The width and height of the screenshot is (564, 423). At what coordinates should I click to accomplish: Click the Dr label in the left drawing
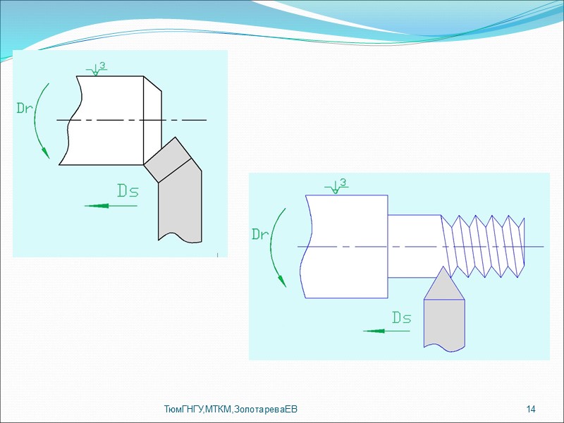tap(25, 108)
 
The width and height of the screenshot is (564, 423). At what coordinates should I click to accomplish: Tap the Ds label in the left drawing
tap(128, 190)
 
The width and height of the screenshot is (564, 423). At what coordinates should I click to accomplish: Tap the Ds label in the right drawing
tap(401, 318)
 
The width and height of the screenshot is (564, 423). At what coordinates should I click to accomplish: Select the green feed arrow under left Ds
tap(110, 206)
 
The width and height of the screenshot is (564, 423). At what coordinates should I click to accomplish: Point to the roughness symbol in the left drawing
tap(97, 68)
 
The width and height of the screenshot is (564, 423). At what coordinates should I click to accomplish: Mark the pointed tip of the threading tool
tap(443, 269)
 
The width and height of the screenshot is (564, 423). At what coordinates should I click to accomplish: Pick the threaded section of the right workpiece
tap(484, 245)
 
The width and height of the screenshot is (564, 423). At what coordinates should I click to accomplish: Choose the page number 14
tap(531, 410)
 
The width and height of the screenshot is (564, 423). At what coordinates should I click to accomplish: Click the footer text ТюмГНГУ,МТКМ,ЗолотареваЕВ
tap(231, 410)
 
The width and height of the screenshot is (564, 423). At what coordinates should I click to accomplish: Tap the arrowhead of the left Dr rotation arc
tap(46, 152)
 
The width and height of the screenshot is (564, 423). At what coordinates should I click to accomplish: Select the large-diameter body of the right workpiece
tap(345, 245)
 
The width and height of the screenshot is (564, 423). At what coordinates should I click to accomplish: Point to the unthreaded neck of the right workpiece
tap(415, 245)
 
